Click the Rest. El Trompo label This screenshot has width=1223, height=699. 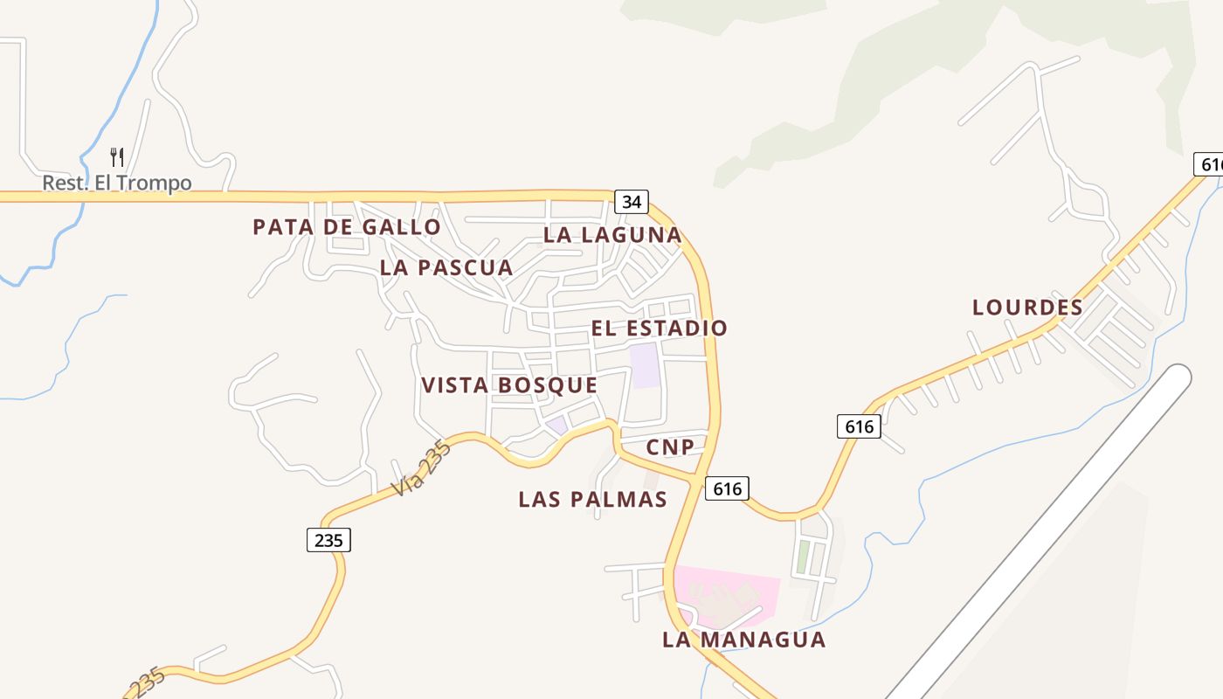pyautogui.click(x=117, y=183)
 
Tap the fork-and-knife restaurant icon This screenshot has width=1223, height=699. pyautogui.click(x=117, y=157)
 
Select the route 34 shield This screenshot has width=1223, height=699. pyautogui.click(x=632, y=202)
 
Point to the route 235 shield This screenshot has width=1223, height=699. pyautogui.click(x=328, y=540)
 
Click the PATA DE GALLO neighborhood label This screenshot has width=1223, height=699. pyautogui.click(x=347, y=227)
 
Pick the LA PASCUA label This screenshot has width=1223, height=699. pyautogui.click(x=446, y=268)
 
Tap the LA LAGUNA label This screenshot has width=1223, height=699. pyautogui.click(x=612, y=235)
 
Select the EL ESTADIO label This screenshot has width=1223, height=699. pyautogui.click(x=660, y=329)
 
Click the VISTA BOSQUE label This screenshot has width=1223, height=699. pyautogui.click(x=509, y=385)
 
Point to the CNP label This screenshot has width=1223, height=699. pyautogui.click(x=671, y=448)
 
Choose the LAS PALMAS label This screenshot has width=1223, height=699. pyautogui.click(x=593, y=500)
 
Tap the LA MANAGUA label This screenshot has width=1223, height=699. pyautogui.click(x=744, y=640)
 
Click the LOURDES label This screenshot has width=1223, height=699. pyautogui.click(x=1027, y=308)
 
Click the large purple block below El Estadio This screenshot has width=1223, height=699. pyautogui.click(x=645, y=365)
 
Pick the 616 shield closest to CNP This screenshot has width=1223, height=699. pyautogui.click(x=727, y=488)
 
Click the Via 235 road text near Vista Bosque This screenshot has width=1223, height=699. pyautogui.click(x=421, y=470)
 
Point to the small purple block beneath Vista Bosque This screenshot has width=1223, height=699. pyautogui.click(x=556, y=426)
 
